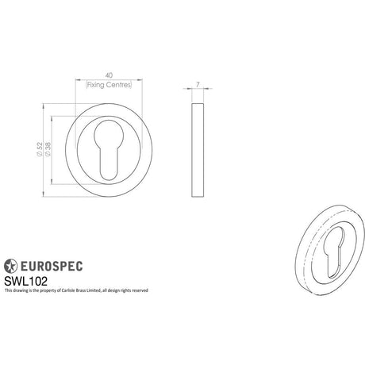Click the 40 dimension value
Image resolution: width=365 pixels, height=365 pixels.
109,75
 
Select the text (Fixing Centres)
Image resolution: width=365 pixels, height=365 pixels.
109,85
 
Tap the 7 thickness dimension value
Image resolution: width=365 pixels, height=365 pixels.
198,85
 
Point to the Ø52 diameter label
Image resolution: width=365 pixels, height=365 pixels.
40,149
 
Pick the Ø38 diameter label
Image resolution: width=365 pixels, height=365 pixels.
48,149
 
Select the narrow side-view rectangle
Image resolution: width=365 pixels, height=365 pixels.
198,150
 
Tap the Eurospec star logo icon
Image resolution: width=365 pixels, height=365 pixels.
10,266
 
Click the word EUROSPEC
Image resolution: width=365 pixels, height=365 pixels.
52,266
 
